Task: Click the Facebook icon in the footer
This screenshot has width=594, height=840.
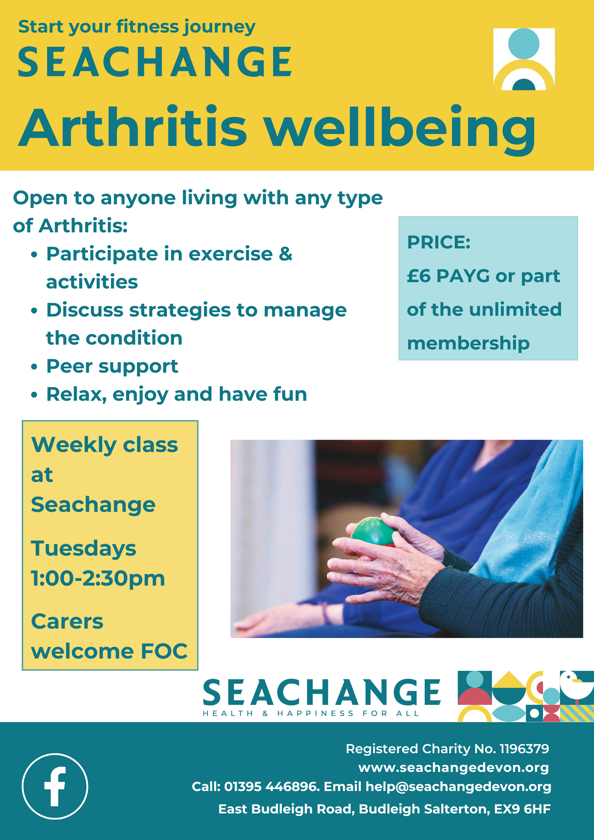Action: tap(55, 786)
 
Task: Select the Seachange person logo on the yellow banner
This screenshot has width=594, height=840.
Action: tap(524, 59)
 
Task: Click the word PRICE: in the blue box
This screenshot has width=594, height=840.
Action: tap(439, 242)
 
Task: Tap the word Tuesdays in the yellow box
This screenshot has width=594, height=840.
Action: tap(83, 549)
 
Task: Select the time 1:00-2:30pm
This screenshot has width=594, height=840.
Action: tap(98, 578)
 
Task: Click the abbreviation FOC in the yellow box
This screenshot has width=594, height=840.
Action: tap(164, 651)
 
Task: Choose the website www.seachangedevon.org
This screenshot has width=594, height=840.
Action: tap(454, 767)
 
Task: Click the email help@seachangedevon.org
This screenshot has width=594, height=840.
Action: tap(458, 786)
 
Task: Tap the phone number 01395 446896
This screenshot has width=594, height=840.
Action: tap(272, 786)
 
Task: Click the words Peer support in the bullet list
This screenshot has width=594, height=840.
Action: tap(112, 367)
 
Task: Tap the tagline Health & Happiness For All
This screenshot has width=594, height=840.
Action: tap(311, 714)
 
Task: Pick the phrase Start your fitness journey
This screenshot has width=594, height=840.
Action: tap(137, 27)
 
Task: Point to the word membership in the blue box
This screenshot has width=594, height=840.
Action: tap(468, 343)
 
